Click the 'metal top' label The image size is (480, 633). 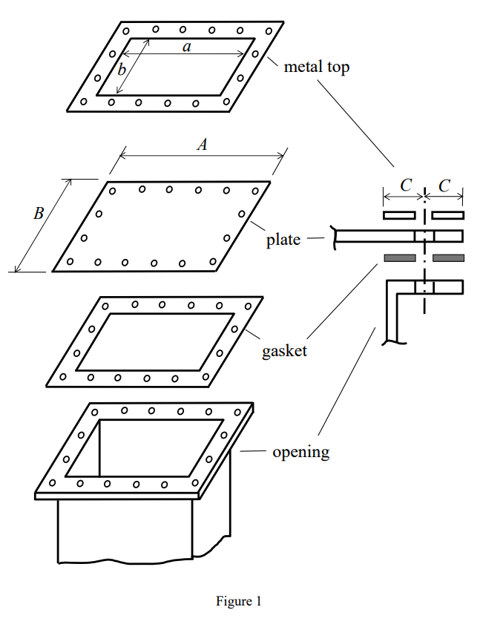316,67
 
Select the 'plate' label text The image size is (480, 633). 283,240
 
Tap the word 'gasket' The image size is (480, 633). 284,351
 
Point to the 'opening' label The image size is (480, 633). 300,452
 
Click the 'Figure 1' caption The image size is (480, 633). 238,601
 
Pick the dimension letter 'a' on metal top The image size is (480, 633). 187,47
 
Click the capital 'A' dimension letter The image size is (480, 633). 201,145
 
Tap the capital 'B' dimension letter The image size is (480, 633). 39,214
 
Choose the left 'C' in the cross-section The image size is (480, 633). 405,186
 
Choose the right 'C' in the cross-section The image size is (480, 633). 444,186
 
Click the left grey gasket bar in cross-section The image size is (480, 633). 399,258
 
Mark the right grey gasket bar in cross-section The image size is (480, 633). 448,258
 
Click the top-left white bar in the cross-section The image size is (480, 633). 399,215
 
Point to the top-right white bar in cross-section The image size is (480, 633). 448,215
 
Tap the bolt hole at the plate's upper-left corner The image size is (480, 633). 112,191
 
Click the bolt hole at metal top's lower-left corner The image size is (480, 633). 83,102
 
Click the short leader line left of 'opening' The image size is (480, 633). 254,451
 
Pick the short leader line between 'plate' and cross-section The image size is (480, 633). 316,238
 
